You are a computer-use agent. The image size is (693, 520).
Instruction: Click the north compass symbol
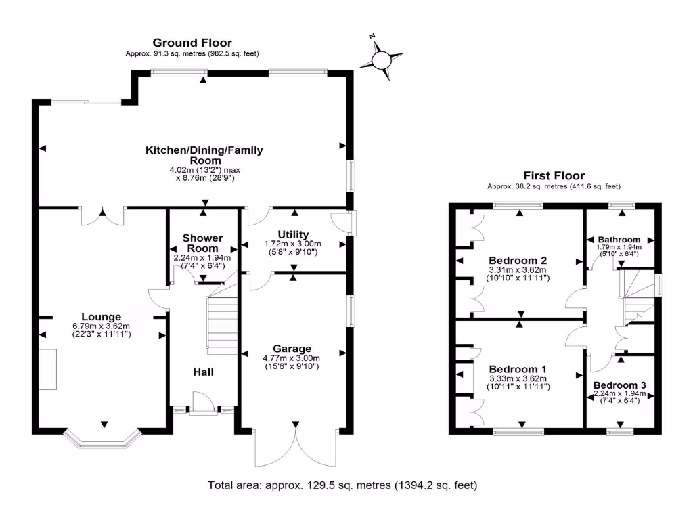click(382, 60)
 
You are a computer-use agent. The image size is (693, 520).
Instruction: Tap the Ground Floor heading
click(192, 43)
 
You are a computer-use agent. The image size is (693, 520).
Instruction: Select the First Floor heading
click(554, 175)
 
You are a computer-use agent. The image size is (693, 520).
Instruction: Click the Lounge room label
click(101, 317)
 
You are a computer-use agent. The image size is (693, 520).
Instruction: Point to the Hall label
click(204, 372)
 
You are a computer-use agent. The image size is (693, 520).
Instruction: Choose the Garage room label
click(292, 349)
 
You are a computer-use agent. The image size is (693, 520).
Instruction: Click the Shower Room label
click(203, 243)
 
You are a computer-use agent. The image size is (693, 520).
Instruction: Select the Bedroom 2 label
click(518, 260)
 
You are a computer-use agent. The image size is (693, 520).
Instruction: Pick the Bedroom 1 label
click(518, 369)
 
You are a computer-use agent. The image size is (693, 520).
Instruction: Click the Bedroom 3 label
click(619, 385)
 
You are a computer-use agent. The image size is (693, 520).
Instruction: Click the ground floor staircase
click(221, 325)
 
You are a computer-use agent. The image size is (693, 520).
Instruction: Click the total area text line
click(342, 485)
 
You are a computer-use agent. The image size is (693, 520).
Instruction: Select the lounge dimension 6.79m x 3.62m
click(102, 326)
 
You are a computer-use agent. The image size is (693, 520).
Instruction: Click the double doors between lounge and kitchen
click(102, 216)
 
